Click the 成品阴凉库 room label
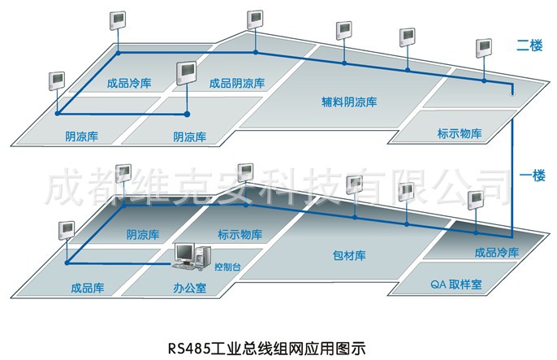[x=236, y=82]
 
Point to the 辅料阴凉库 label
[x=349, y=102]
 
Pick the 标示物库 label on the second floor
[x=459, y=133]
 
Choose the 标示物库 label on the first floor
[x=241, y=235]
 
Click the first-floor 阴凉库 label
[x=143, y=235]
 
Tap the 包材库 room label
[x=349, y=255]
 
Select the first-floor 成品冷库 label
[x=495, y=252]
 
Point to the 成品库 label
[x=86, y=287]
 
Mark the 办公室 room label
[x=189, y=287]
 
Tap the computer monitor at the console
[x=186, y=253]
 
